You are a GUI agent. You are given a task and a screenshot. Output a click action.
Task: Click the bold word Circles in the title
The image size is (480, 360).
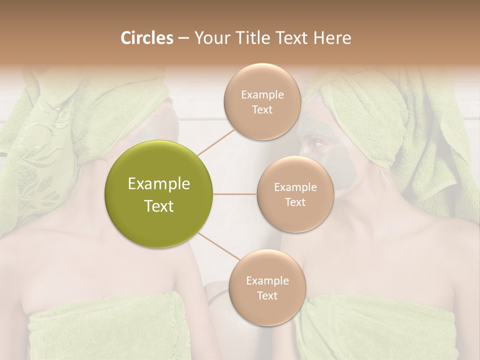(x=146, y=38)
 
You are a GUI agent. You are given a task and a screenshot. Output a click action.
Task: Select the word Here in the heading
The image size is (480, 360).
(x=332, y=38)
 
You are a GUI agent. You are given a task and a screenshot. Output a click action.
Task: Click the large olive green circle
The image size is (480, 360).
(x=159, y=194)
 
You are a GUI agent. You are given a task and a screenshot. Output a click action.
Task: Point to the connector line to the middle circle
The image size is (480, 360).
(x=235, y=194)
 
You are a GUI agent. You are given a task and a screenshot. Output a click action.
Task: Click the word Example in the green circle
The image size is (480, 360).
(x=159, y=184)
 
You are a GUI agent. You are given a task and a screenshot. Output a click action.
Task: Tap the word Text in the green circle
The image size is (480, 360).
(x=159, y=206)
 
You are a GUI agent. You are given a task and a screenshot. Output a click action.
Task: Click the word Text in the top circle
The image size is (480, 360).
(x=262, y=109)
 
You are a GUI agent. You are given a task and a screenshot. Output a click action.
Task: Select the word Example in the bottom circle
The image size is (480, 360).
(x=267, y=280)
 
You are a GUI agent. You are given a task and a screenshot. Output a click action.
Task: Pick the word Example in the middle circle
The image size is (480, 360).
(x=295, y=187)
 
